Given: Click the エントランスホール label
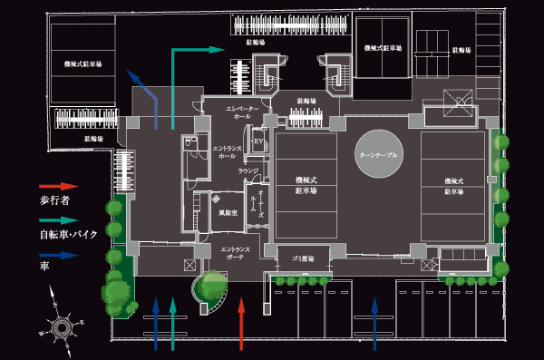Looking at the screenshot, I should pos(223,151).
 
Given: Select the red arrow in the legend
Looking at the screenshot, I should pos(53,185).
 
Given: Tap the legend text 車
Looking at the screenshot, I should pos(44,268).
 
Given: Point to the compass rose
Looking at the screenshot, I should pos(62,325).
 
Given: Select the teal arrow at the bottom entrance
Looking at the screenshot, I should pos(173,322).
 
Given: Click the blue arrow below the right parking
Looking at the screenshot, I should pos(375,322).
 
